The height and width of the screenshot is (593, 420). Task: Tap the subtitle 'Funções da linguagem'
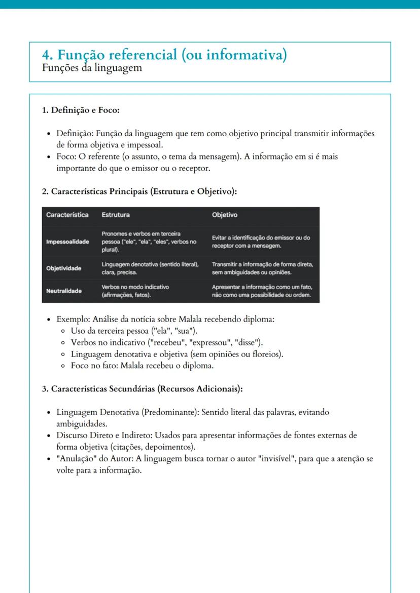coord(93,68)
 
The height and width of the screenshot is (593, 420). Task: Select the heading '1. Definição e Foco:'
coord(80,110)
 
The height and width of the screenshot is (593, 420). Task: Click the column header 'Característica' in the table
coord(67,215)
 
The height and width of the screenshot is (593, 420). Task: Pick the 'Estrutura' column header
coord(116,215)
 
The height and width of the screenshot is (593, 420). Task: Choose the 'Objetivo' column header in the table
coord(225,215)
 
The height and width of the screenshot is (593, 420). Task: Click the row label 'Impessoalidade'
coord(67,242)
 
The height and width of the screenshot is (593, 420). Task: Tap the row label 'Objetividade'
coord(64,268)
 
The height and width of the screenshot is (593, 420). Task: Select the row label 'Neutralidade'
coord(64,291)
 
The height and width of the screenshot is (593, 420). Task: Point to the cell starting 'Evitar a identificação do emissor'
coord(261,242)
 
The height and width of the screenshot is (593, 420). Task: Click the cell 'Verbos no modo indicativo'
coord(135,291)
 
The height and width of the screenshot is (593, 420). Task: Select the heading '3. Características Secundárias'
coord(142,389)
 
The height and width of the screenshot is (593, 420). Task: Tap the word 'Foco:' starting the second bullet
coord(67,157)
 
